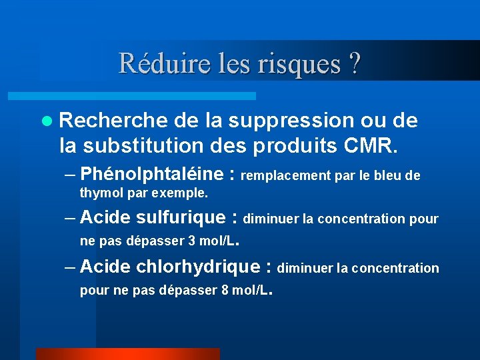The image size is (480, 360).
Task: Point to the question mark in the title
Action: pyautogui.click(x=355, y=64)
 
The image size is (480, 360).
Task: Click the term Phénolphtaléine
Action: pyautogui.click(x=151, y=174)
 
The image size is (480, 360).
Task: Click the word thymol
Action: pyautogui.click(x=98, y=193)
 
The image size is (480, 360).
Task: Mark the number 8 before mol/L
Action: pyautogui.click(x=224, y=290)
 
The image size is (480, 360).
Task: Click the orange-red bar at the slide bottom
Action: pyautogui.click(x=127, y=353)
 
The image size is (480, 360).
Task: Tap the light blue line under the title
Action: pyautogui.click(x=147, y=96)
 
